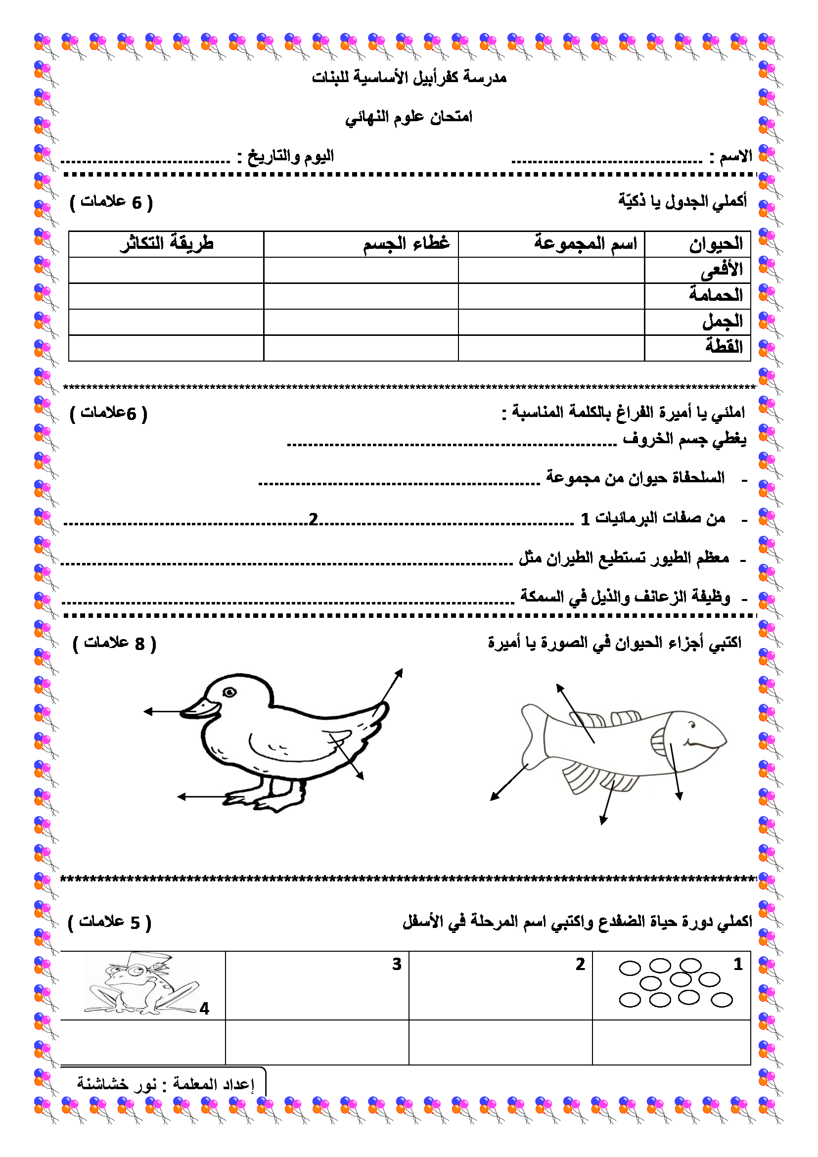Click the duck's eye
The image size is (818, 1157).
229,693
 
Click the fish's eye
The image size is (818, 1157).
692,726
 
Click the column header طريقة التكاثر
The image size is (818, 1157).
167,244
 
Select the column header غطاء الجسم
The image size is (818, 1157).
406,244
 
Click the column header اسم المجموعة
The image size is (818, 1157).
585,244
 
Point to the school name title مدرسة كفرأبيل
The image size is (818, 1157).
409,78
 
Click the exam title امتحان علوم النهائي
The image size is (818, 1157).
409,117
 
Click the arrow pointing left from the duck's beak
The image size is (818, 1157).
161,711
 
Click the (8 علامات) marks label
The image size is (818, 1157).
115,644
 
